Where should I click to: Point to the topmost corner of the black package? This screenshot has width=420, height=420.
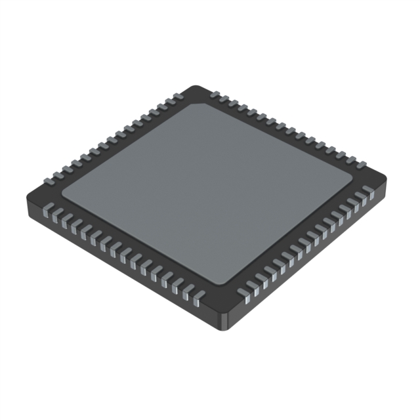194,87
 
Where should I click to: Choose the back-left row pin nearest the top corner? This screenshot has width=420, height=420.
175,98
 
